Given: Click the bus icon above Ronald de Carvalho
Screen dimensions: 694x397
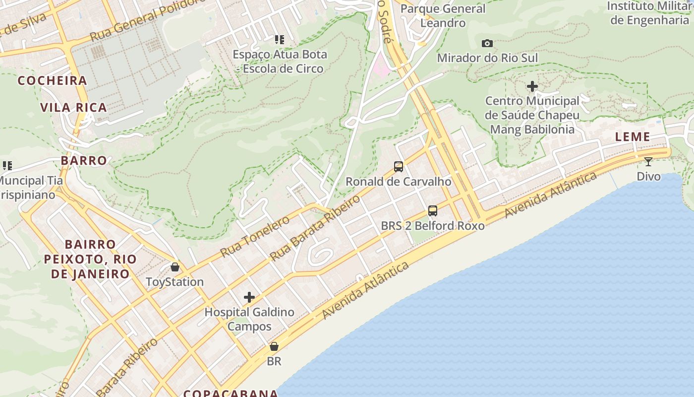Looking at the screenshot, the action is [399, 167].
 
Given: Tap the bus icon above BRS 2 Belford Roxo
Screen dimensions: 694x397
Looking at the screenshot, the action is [433, 211].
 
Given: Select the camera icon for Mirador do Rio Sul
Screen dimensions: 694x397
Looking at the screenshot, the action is [487, 44].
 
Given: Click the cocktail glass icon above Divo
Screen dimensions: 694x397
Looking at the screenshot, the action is [648, 162].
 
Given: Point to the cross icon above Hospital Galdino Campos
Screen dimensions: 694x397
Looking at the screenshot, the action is [249, 297].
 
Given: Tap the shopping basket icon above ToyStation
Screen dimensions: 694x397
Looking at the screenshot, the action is [175, 267].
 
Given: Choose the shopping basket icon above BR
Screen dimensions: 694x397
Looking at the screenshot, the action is [274, 346].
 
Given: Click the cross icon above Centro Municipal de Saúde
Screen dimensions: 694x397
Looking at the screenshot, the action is [532, 86].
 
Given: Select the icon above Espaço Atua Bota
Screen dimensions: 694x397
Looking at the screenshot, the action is [280, 39].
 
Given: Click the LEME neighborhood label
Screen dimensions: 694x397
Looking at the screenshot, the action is [633, 137].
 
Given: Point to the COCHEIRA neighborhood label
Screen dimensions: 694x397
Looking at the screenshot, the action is [53, 80].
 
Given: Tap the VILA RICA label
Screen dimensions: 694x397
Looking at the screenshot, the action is [73, 108].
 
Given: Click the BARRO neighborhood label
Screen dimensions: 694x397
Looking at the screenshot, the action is [84, 160].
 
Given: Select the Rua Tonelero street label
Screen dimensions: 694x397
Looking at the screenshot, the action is [255, 236].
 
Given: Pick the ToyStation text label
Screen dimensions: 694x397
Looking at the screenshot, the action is [174, 282].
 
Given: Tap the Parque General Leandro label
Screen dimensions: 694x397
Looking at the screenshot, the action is [443, 16].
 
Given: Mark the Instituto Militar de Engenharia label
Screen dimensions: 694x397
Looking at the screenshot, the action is [649, 13].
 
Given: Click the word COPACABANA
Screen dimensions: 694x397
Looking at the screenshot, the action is [231, 393].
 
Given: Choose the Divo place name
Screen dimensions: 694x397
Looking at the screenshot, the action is [648, 177].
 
